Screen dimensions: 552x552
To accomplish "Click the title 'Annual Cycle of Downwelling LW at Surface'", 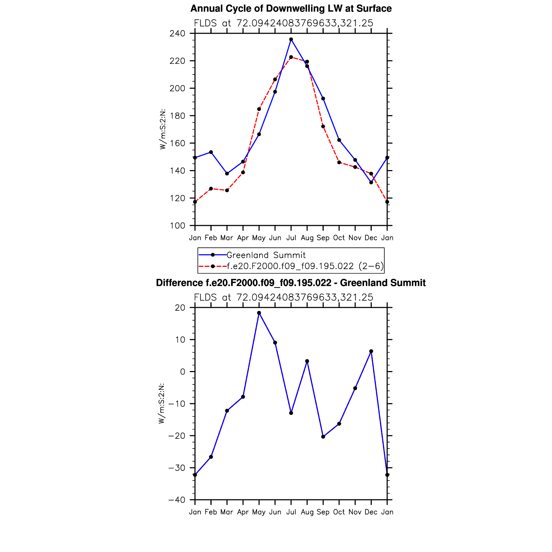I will point(291,9).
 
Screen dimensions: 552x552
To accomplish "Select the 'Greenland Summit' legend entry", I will point(266,255).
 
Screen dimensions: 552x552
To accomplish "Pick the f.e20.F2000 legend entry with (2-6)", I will point(305,266).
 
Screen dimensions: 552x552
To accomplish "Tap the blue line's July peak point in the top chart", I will point(291,39).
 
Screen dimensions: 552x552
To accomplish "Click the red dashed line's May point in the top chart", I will point(259,109).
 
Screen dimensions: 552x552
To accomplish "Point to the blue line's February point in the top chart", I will point(211,152).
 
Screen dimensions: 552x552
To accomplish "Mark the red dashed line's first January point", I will point(195,202).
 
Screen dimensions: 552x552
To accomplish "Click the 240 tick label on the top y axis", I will point(177,34).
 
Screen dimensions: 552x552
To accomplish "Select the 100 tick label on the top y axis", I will point(177,226).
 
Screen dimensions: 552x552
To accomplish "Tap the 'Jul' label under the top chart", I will point(291,238).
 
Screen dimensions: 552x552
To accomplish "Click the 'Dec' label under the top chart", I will point(371,238).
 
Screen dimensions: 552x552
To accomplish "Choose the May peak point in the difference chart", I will point(259,313).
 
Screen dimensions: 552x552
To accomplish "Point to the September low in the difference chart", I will point(323,437).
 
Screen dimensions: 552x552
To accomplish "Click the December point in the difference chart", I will point(371,351).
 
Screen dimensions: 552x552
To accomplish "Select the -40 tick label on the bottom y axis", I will point(176,500).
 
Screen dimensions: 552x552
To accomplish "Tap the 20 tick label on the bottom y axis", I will point(180,308).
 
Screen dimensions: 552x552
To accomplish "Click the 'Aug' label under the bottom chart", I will point(307,512).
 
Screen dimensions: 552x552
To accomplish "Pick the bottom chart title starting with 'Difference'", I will point(291,283).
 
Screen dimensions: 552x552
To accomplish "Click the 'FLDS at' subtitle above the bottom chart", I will point(283,297).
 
